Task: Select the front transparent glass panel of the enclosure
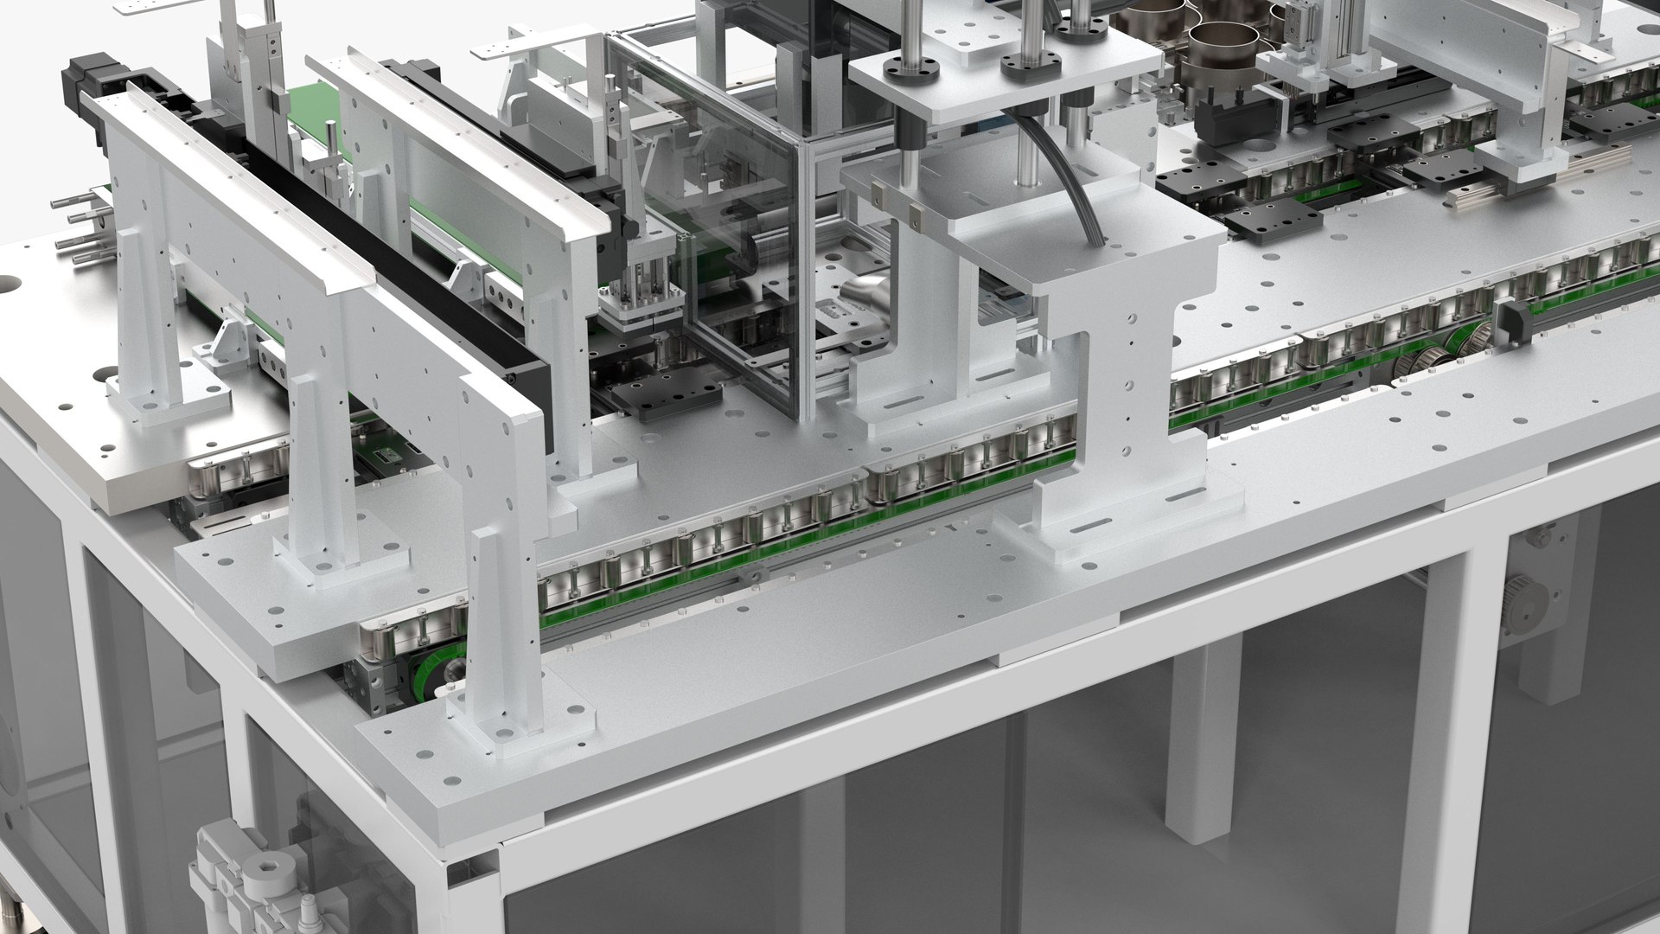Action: tap(744, 285)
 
